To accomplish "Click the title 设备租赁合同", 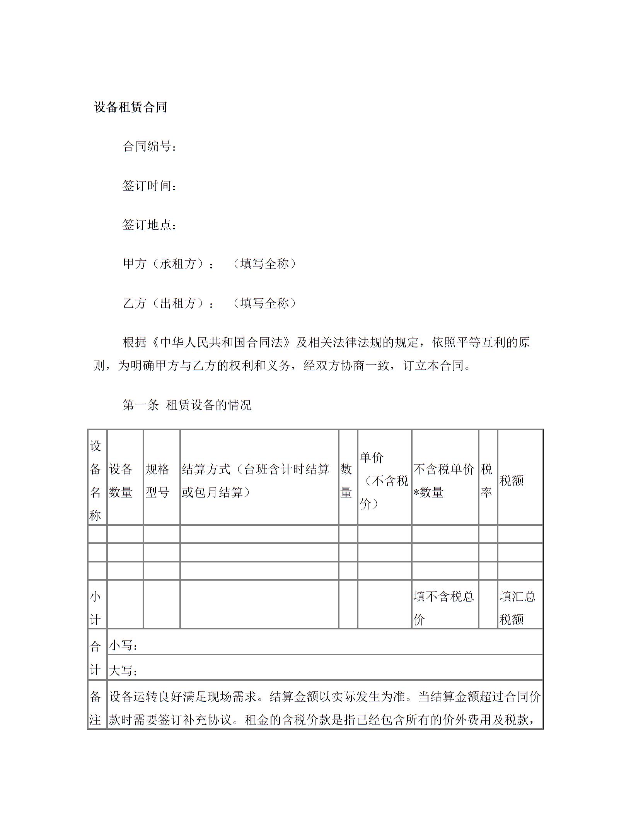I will coord(131,107).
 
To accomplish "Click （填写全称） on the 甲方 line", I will coord(264,264).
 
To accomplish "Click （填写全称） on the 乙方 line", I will coord(264,303).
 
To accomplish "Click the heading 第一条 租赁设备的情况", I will coord(187,405).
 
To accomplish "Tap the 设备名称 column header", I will coord(96,480).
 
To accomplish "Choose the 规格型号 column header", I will coord(157,480).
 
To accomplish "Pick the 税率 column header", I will coord(486,480).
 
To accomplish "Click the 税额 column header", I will coord(512,481).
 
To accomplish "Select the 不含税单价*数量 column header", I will coord(444,480).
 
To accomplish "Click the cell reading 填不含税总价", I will coord(444,608).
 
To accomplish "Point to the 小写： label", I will coord(123,645).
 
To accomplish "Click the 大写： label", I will coord(123,670).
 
